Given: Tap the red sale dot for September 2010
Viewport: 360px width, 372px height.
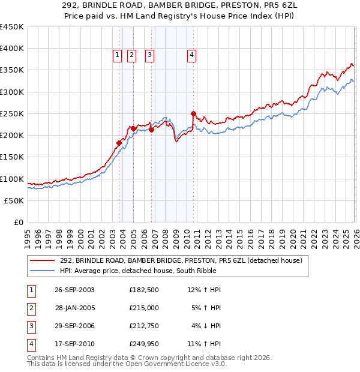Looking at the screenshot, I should (193, 113).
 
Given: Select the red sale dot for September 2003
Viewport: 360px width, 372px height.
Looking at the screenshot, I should (119, 143).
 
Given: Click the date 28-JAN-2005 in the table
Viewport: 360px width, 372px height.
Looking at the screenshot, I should (75, 307).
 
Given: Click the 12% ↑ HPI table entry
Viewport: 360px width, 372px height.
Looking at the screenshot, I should (205, 289).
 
